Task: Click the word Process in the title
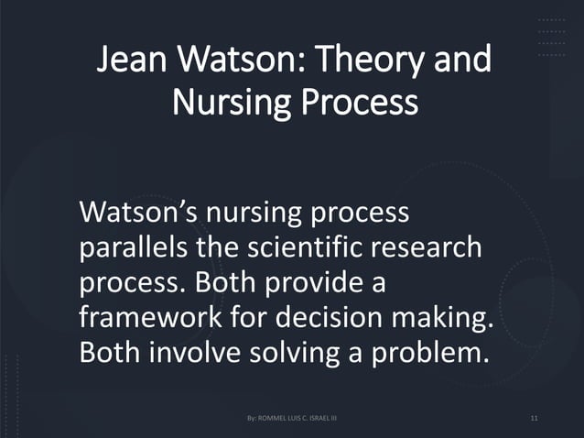pyautogui.click(x=361, y=104)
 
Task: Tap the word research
pyautogui.click(x=430, y=247)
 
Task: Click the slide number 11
pyautogui.click(x=534, y=419)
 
